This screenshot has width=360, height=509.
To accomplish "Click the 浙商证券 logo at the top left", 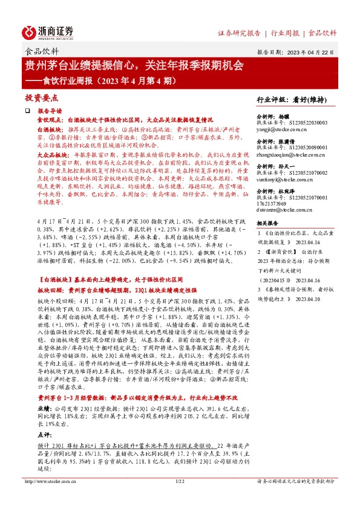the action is click(48, 31).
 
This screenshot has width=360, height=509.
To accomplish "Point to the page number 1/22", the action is click(179, 498).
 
